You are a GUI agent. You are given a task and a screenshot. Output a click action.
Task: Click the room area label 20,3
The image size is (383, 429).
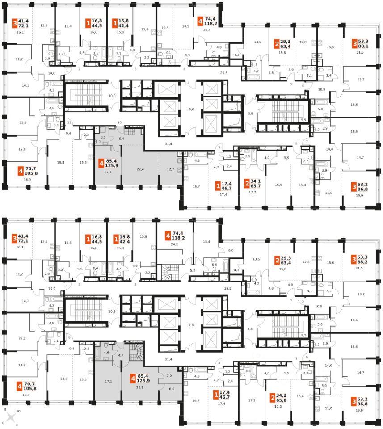tap(206, 30)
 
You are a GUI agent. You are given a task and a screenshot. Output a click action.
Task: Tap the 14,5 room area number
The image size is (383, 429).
tap(185, 26)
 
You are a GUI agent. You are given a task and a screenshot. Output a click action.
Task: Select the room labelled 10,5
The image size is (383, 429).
tap(165, 28)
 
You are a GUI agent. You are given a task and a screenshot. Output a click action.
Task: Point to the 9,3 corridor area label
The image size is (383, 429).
tap(187, 55)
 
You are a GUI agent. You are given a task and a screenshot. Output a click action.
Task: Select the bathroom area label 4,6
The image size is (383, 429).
tap(106, 353)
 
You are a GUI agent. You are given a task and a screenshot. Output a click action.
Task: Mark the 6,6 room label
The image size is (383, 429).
tap(173, 389)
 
